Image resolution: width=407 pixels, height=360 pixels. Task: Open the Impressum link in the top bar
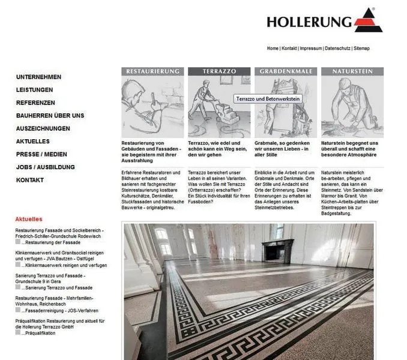coord(310,48)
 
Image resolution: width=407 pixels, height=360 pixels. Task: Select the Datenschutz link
coord(337,48)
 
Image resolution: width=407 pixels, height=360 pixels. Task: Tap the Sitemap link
coord(361,48)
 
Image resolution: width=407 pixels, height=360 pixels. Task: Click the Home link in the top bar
coord(273,48)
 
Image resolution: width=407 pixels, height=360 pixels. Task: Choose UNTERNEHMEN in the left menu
coord(39,77)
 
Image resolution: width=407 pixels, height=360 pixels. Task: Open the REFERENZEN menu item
coord(35,103)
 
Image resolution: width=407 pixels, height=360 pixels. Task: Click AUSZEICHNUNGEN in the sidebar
coord(43,128)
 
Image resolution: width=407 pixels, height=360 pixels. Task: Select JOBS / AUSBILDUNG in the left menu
coord(46,167)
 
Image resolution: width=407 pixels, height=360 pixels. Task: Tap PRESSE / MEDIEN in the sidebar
coord(41,154)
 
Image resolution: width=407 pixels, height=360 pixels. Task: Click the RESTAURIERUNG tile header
coord(152,71)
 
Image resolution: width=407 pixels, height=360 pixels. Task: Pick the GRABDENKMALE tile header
coord(286,71)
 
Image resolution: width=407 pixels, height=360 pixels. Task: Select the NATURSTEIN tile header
coord(352,71)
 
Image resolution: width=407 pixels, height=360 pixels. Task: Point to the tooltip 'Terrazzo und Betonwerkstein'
coord(268,98)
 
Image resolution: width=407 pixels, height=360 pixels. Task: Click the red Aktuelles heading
coord(29,220)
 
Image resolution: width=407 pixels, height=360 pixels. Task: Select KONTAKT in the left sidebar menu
coord(30,180)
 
